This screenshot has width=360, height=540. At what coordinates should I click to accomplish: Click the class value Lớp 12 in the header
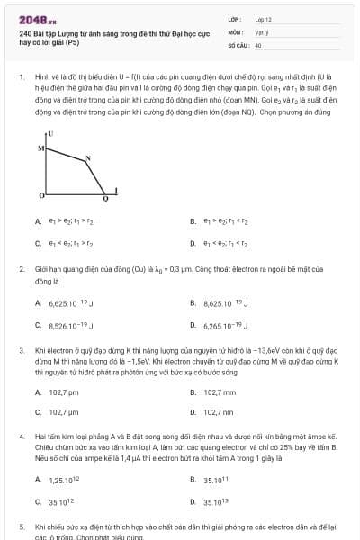(x=263, y=18)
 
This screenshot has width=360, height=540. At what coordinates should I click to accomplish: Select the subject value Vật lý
(x=261, y=31)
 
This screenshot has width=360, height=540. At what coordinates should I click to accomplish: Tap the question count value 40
(x=258, y=43)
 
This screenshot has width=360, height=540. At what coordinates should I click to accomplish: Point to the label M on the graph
(x=40, y=147)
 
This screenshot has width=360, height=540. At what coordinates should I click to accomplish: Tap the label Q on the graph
(x=104, y=200)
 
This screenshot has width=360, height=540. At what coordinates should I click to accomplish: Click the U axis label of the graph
(x=51, y=133)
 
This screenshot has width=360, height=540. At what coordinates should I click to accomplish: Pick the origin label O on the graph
(x=40, y=195)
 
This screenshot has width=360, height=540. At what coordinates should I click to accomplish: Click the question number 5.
(x=22, y=526)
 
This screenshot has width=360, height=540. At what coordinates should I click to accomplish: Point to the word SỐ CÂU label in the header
(x=238, y=43)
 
